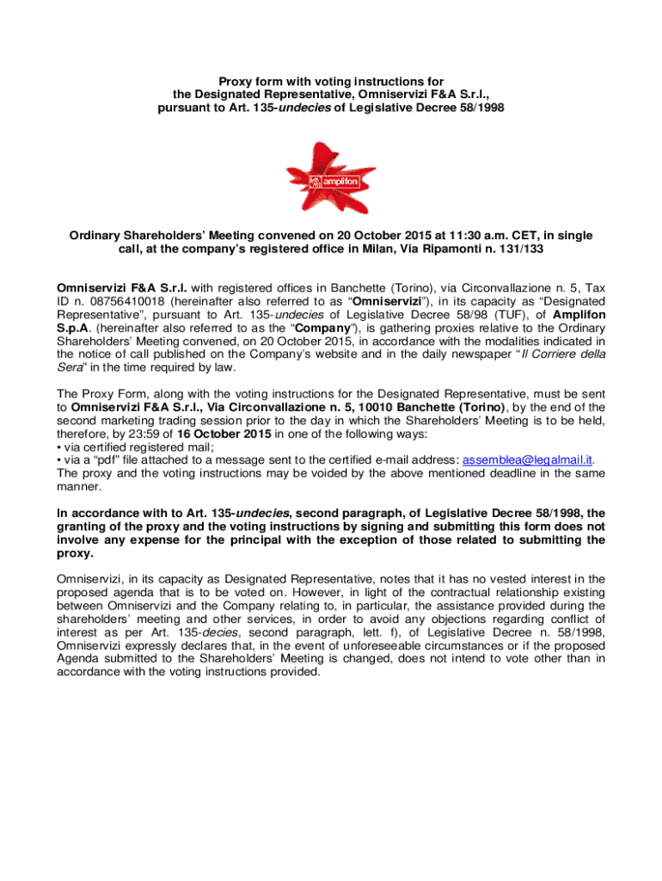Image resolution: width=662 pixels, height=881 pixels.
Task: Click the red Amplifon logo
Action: pyautogui.click(x=331, y=177)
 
